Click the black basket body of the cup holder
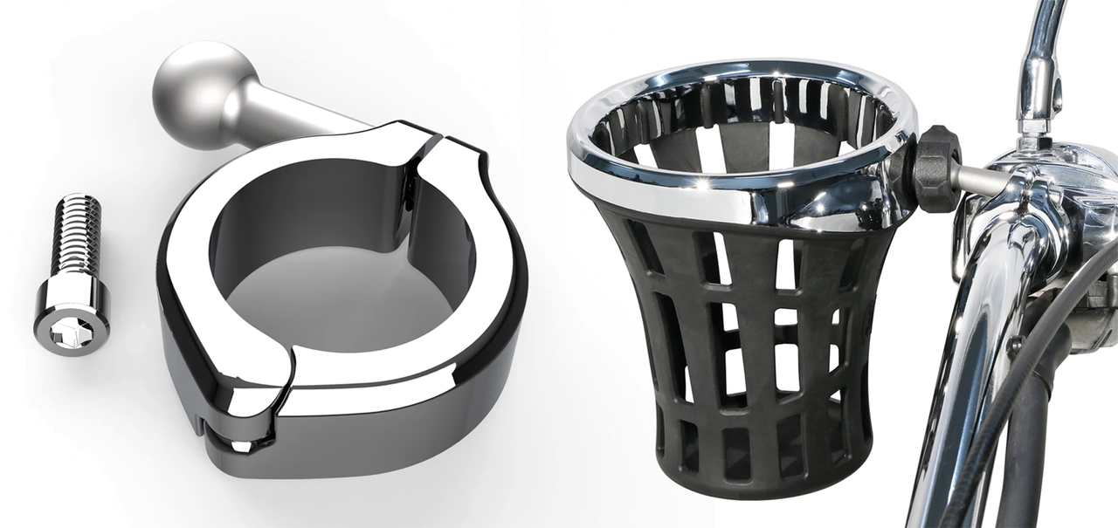pyautogui.click(x=742, y=349)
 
